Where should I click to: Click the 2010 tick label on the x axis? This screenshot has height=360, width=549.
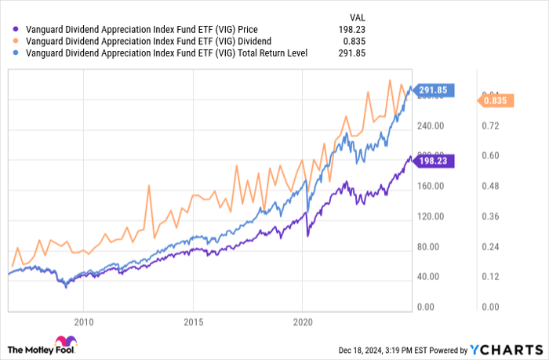pos(83,322)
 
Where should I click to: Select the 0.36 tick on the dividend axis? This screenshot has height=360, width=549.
pos(490,216)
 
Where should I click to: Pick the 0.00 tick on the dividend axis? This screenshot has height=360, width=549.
pos(490,306)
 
